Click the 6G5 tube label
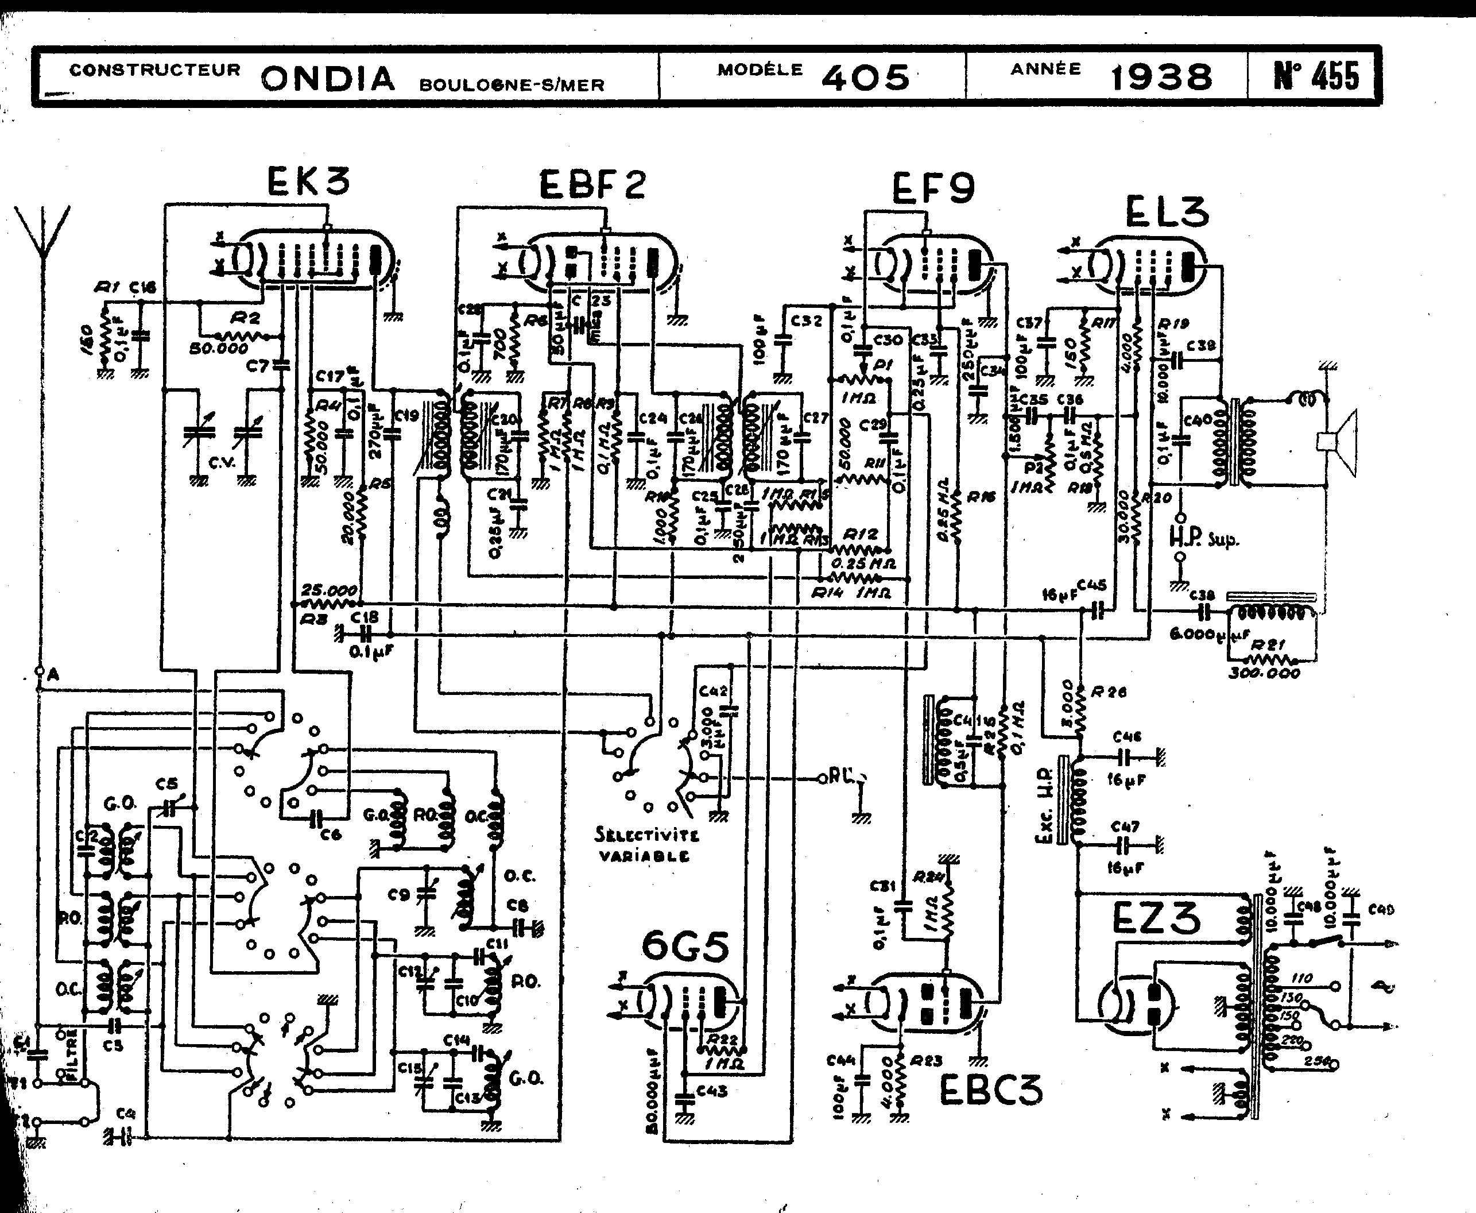coord(685,947)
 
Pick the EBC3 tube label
coord(990,1090)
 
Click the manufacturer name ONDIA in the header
coord(328,78)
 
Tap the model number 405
coord(866,77)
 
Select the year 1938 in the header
coord(1161,77)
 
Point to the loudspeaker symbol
coord(1338,442)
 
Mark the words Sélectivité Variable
coord(645,845)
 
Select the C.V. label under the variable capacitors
coord(222,462)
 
